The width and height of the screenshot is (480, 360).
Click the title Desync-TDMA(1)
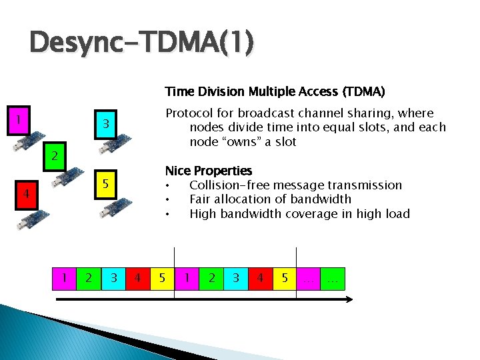tap(141, 43)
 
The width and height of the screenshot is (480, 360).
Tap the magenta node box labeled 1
tap(20, 122)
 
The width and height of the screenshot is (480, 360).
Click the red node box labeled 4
tap(25, 194)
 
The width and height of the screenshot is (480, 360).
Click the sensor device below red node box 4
tap(31, 221)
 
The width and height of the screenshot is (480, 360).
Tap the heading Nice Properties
tap(209, 171)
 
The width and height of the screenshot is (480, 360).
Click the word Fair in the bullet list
tap(201, 199)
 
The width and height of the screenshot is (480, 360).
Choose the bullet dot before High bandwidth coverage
tap(169, 215)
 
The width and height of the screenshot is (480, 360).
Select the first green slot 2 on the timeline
tap(89, 277)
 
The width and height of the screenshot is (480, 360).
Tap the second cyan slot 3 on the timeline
tap(235, 277)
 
